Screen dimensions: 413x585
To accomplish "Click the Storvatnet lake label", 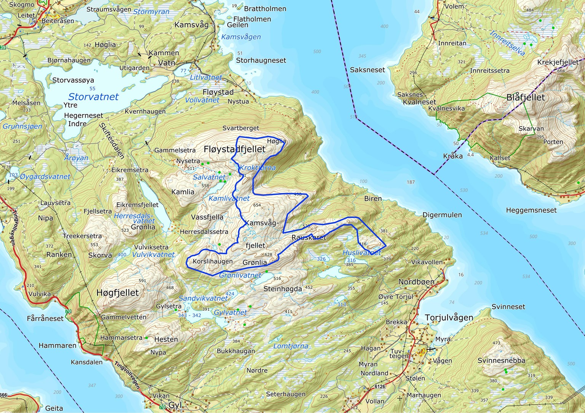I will coord(93,97).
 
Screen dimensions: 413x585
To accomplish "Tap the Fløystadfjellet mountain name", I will coord(235,149).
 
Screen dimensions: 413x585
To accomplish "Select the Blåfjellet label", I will coord(526,98).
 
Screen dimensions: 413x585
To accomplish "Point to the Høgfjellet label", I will coord(118,293).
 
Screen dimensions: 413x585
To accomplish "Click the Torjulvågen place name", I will coord(449,318).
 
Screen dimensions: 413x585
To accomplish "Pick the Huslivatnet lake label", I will coord(361,253).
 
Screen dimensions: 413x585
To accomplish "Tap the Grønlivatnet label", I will coord(240,275).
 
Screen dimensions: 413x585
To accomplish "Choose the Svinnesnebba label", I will coord(501,361).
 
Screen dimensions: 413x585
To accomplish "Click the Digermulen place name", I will coord(442,215).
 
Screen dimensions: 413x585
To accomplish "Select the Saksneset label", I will coord(368,70).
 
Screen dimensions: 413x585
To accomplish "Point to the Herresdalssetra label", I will coord(204,232).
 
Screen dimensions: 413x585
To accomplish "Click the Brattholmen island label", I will coord(265,9).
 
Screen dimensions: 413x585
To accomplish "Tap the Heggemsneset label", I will coord(531,210).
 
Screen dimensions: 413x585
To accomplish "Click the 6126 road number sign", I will coord(380,386).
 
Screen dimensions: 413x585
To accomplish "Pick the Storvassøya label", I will coord(73,80).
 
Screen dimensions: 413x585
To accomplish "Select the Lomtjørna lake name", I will coord(291,346).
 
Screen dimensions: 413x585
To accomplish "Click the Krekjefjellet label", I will coord(558,62).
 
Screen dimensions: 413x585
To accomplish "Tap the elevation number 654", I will coord(257,205).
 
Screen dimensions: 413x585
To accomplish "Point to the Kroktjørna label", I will coord(257,168).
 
